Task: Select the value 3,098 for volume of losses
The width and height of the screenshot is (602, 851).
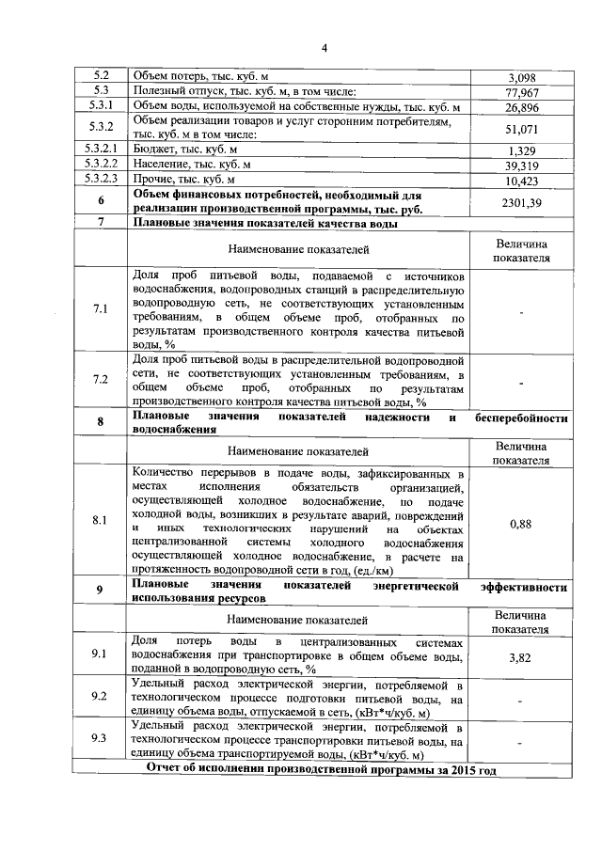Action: click(x=521, y=76)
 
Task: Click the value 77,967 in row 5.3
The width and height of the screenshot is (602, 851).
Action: click(x=521, y=92)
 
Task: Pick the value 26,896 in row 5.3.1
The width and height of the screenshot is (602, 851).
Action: click(x=521, y=108)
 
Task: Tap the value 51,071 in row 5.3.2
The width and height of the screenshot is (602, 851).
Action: click(x=521, y=129)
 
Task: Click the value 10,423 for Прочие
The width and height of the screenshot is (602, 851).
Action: click(x=521, y=181)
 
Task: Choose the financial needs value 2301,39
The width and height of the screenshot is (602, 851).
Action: click(x=521, y=201)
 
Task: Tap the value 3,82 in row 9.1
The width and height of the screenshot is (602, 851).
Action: click(x=521, y=658)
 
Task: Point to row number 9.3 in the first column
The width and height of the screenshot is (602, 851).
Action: click(x=100, y=738)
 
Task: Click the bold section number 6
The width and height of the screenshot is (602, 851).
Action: click(x=100, y=201)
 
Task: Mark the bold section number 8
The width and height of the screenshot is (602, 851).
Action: click(x=100, y=422)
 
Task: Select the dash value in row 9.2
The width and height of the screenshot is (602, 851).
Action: click(x=521, y=700)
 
